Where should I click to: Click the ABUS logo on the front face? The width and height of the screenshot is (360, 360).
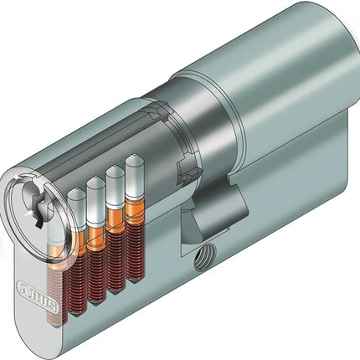point(39,296)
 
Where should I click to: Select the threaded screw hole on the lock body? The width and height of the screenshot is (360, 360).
point(204,257)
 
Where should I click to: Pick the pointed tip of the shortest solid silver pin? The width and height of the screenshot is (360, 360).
point(75,189)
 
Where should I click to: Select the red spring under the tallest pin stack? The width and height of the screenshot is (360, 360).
point(136,249)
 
